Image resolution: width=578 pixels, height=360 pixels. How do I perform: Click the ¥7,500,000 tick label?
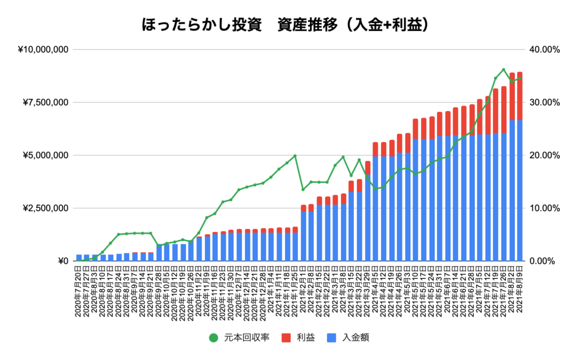point(46,102)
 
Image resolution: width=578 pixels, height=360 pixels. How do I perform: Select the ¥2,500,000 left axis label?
point(46,208)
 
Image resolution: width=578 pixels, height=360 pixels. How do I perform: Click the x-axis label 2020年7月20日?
point(80,293)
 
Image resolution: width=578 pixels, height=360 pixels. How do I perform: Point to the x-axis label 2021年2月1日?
point(304,293)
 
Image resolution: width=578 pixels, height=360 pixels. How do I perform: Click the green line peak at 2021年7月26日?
point(503,70)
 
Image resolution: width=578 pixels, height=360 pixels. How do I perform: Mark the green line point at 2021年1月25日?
point(295,156)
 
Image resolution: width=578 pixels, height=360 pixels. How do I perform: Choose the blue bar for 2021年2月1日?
point(304,237)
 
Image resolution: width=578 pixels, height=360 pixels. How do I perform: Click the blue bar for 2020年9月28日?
point(160,253)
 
